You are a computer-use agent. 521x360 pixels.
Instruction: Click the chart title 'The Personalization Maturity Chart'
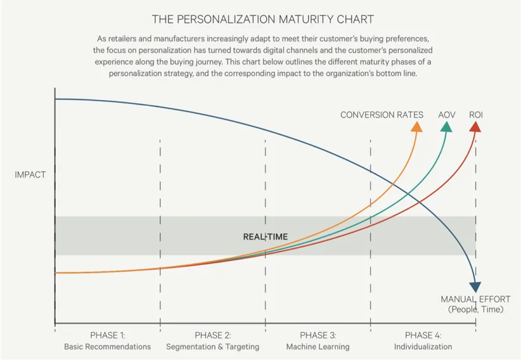click(x=263, y=19)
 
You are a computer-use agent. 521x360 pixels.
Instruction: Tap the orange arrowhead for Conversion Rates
click(x=416, y=127)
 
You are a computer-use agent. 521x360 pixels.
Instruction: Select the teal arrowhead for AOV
click(x=446, y=127)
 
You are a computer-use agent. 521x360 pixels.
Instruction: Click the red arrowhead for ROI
click(x=475, y=127)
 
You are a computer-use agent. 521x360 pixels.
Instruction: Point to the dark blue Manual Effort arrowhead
click(x=475, y=287)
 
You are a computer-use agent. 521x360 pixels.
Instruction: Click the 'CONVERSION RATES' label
click(x=382, y=115)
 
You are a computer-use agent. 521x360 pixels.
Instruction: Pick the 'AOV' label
click(x=446, y=115)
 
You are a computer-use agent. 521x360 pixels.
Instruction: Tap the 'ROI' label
click(x=476, y=115)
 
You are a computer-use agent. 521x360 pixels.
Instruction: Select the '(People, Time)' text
click(x=475, y=309)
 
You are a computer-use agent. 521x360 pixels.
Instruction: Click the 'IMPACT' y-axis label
click(x=30, y=174)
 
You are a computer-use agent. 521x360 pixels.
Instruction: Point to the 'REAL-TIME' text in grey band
click(x=265, y=236)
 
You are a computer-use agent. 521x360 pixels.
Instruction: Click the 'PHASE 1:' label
click(x=107, y=335)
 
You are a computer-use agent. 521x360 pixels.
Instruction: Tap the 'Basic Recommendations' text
click(x=107, y=347)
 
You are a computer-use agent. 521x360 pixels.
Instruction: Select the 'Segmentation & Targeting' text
click(x=212, y=347)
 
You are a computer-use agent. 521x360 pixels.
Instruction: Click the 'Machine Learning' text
click(x=318, y=347)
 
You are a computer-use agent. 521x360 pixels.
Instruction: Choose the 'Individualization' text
click(x=423, y=347)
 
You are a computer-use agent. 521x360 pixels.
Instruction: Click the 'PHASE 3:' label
click(x=318, y=335)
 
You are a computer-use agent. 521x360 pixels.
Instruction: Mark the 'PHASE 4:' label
click(x=423, y=335)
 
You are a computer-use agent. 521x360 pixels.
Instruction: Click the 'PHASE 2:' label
click(x=212, y=335)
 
